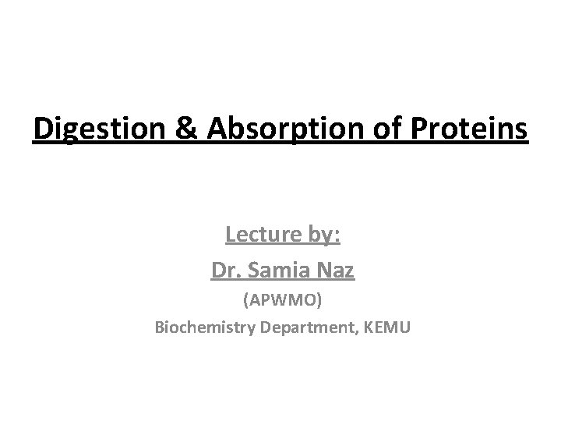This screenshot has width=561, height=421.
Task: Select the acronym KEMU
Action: click(x=383, y=327)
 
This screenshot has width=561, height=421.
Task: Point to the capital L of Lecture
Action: click(x=230, y=233)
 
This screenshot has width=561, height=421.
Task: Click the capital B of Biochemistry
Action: click(x=160, y=327)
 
